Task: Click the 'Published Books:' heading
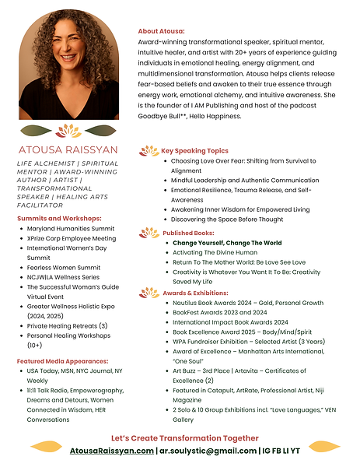(x=189, y=233)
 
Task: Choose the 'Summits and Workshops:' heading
(x=60, y=218)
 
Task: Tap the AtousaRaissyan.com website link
(x=112, y=451)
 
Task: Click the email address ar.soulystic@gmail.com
(x=208, y=451)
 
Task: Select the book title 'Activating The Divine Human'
(x=214, y=252)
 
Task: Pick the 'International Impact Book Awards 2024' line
(x=230, y=321)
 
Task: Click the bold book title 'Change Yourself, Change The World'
(x=227, y=243)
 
